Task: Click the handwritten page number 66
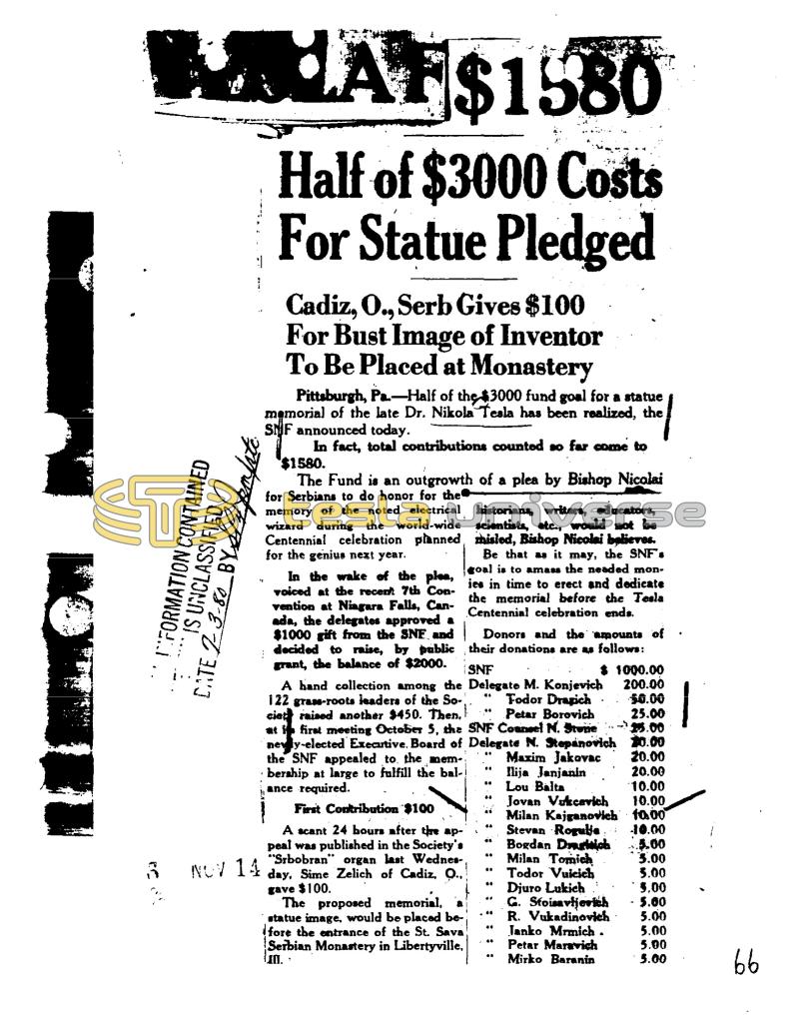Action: [x=745, y=964]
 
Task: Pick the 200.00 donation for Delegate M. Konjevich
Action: [x=644, y=684]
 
